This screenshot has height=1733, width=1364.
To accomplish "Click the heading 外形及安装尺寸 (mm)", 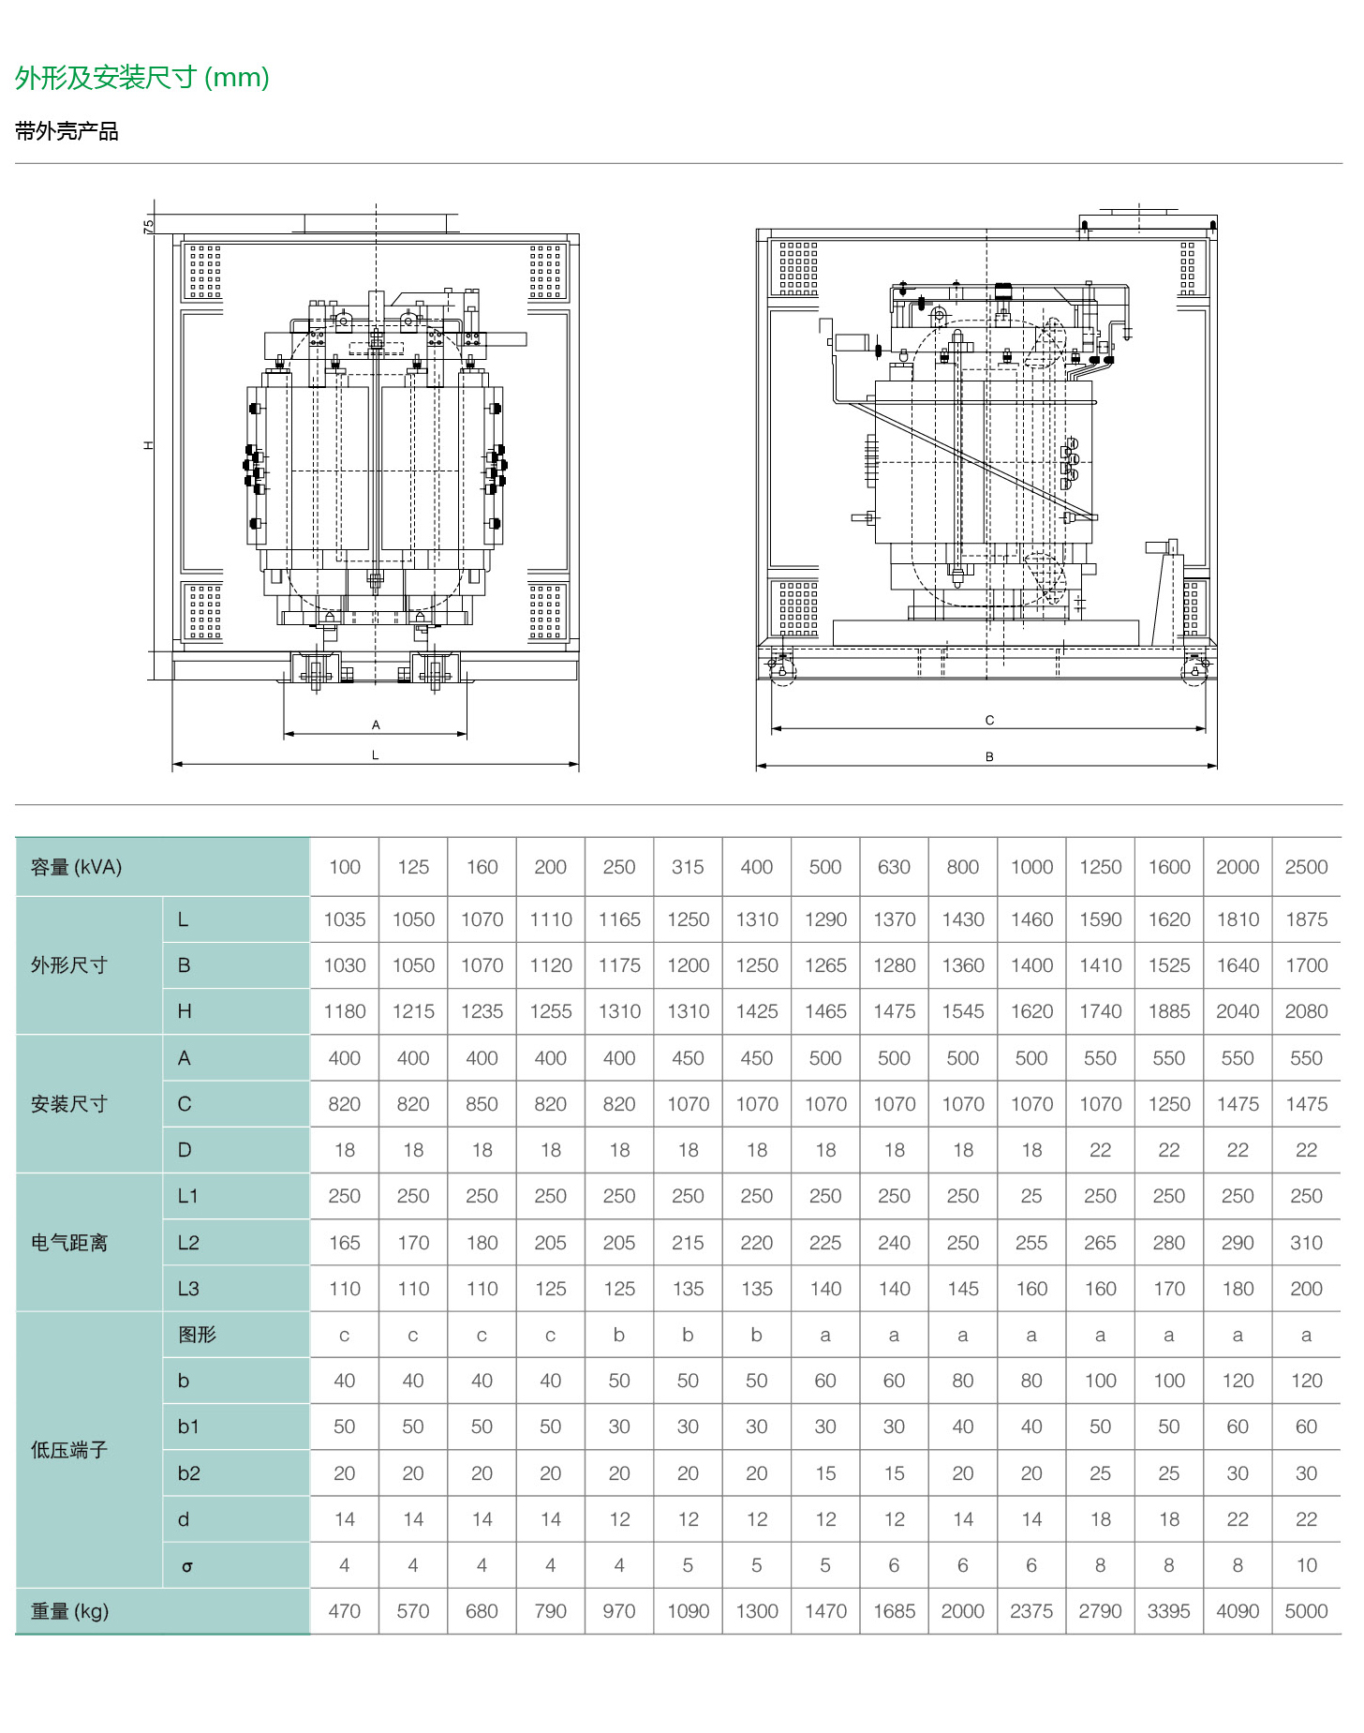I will [141, 77].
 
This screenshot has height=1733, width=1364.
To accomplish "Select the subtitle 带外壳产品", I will [67, 131].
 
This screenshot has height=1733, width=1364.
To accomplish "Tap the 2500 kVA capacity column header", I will [1306, 867].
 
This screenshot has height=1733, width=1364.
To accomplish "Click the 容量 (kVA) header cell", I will [77, 867].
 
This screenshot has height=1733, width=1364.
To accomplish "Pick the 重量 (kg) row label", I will [70, 1611].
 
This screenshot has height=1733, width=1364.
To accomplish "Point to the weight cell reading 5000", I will [1306, 1611].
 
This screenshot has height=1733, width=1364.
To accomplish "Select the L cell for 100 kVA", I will [345, 919].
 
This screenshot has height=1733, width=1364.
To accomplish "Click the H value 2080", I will [1306, 1011].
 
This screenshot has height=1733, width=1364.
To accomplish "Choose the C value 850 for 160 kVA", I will [482, 1104].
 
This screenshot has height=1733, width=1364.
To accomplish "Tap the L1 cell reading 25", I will [1031, 1196].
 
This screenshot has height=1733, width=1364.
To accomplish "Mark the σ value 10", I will [1306, 1565].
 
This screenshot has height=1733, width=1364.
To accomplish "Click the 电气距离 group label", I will [69, 1243].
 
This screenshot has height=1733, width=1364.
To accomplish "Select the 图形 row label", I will [197, 1335].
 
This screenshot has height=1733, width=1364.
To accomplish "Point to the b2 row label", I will [188, 1473].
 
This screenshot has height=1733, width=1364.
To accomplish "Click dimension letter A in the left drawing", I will [376, 725].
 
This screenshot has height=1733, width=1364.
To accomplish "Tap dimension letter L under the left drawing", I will [376, 755].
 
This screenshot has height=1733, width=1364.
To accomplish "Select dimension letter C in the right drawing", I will [989, 720].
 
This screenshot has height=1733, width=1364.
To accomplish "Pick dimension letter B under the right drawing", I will [989, 756].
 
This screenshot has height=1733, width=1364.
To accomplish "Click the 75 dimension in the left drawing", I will [148, 226].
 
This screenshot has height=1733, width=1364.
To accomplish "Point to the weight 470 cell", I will [345, 1611].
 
